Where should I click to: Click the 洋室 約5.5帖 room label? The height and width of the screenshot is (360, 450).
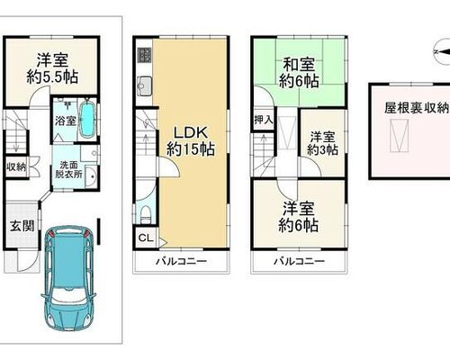pyautogui.click(x=52, y=68)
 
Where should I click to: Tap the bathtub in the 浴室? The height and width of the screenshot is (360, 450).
pyautogui.click(x=88, y=120)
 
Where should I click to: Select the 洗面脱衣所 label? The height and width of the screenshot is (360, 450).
pyautogui.click(x=68, y=169)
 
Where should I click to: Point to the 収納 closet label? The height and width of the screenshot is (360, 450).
pyautogui.click(x=16, y=167)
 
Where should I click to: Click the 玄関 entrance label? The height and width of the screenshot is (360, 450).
pyautogui.click(x=22, y=226)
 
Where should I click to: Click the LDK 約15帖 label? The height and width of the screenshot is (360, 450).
pyautogui.click(x=191, y=140)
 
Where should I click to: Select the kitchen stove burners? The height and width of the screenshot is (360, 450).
pyautogui.click(x=145, y=55)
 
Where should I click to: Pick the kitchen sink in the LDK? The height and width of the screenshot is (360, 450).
pyautogui.click(x=145, y=85)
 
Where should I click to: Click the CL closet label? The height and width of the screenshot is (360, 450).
pyautogui.click(x=146, y=238)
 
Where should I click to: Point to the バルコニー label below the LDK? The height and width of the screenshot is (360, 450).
pyautogui.click(x=181, y=261)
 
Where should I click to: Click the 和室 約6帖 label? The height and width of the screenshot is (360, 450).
pyautogui.click(x=299, y=73)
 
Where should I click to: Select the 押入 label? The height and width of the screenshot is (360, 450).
pyautogui.click(x=264, y=120)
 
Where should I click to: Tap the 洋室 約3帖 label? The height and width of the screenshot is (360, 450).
pyautogui.click(x=322, y=143)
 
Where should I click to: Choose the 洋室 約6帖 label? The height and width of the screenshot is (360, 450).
pyautogui.click(x=299, y=217)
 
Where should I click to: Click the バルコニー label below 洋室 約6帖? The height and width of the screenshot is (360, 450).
pyautogui.click(x=299, y=261)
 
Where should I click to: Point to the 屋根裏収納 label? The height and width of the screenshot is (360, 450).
pyautogui.click(x=417, y=108)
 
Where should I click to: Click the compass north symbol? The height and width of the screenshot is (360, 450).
pyautogui.click(x=442, y=52)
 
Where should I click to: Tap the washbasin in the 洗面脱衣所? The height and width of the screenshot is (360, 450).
pyautogui.click(x=91, y=176)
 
